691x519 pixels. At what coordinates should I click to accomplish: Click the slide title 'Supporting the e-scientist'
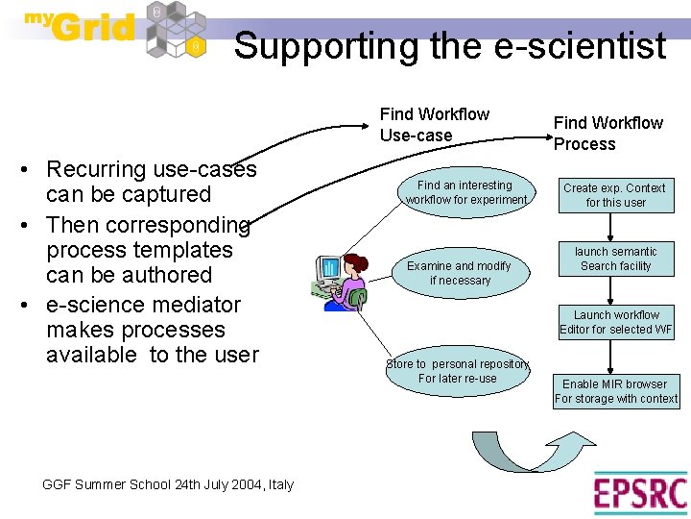pyautogui.click(x=450, y=45)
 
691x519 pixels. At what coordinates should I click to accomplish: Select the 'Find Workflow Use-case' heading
pyautogui.click(x=434, y=125)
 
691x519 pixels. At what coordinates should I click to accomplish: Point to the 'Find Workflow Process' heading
pyautogui.click(x=608, y=134)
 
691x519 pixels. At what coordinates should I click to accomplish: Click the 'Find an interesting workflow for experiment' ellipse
pyautogui.click(x=465, y=192)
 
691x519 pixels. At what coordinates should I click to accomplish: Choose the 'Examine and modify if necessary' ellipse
pyautogui.click(x=459, y=273)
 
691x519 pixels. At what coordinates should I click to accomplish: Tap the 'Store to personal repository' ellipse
pyautogui.click(x=458, y=371)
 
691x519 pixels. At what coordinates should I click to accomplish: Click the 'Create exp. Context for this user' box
pyautogui.click(x=615, y=195)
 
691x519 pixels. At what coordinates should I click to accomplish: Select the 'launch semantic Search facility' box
pyautogui.click(x=615, y=259)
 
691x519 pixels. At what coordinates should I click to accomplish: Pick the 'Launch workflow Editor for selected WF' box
pyautogui.click(x=616, y=322)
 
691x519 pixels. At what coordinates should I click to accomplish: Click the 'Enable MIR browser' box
pyautogui.click(x=615, y=391)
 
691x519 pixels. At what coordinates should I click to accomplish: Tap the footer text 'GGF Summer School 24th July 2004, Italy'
pyautogui.click(x=168, y=484)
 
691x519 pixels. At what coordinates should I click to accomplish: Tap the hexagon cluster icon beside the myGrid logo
pyautogui.click(x=177, y=31)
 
